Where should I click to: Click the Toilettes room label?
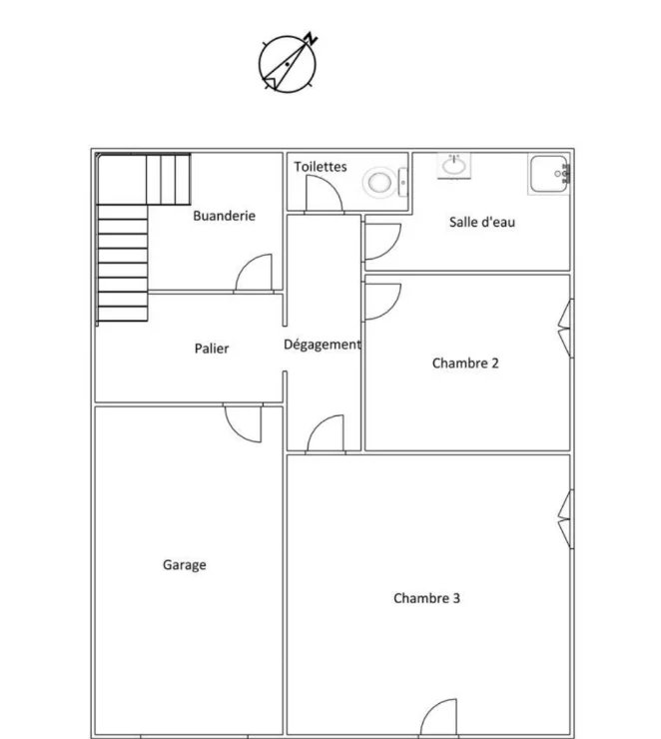pyautogui.click(x=321, y=167)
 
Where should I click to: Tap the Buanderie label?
pyautogui.click(x=225, y=216)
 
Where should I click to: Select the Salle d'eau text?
pyautogui.click(x=482, y=222)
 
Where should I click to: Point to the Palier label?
pyautogui.click(x=212, y=349)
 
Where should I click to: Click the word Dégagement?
pyautogui.click(x=323, y=345)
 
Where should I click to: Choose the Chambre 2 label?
pyautogui.click(x=465, y=363)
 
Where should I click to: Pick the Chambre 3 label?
pyautogui.click(x=426, y=598)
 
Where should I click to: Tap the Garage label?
pyautogui.click(x=184, y=565)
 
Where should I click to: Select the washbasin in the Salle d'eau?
pyautogui.click(x=454, y=166)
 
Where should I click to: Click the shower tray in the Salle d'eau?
pyautogui.click(x=549, y=174)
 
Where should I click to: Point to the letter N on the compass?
pyautogui.click(x=311, y=39)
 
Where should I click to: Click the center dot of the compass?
pyautogui.click(x=288, y=64)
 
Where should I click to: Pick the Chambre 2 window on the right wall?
pyautogui.click(x=566, y=328)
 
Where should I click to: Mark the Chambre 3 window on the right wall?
pyautogui.click(x=566, y=519)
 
